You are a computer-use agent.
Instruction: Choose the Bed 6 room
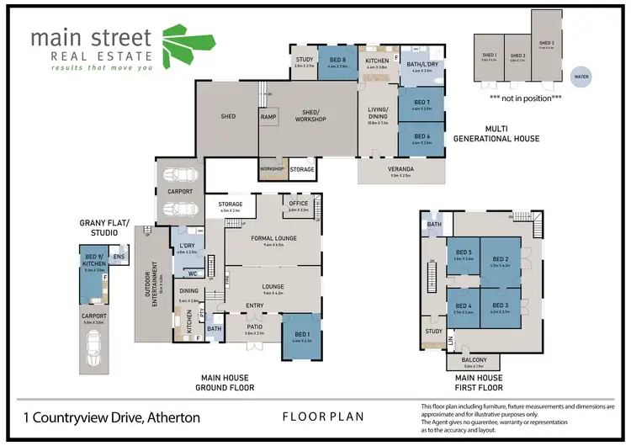pyautogui.click(x=422, y=140)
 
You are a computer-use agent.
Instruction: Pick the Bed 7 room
pyautogui.click(x=422, y=105)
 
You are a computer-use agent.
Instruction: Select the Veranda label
pyautogui.click(x=400, y=171)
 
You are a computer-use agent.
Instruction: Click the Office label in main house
pyautogui.click(x=300, y=204)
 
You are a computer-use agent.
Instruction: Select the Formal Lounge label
pyautogui.click(x=273, y=239)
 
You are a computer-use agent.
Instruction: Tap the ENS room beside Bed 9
pyautogui.click(x=119, y=258)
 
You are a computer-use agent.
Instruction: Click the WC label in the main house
pyautogui.click(x=193, y=273)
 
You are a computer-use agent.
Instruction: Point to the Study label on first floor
pyautogui.click(x=433, y=332)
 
